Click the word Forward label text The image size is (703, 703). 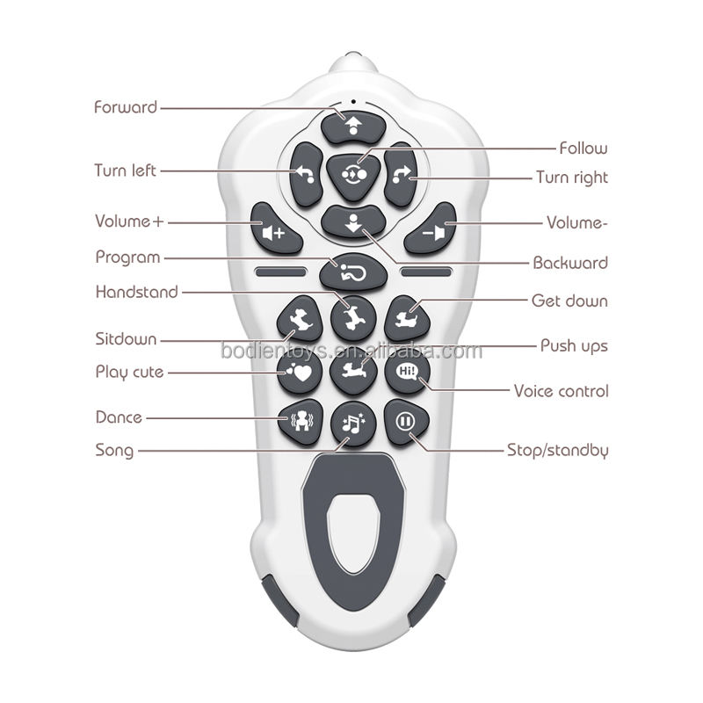(x=126, y=107)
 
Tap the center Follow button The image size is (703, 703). (x=352, y=173)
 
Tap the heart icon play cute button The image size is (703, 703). (x=297, y=371)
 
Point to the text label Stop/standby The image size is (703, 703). (x=557, y=450)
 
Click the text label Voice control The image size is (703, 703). (x=561, y=390)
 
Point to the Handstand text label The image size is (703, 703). (x=136, y=292)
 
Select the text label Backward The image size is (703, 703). (x=570, y=263)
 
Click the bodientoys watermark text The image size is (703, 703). (x=351, y=351)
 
